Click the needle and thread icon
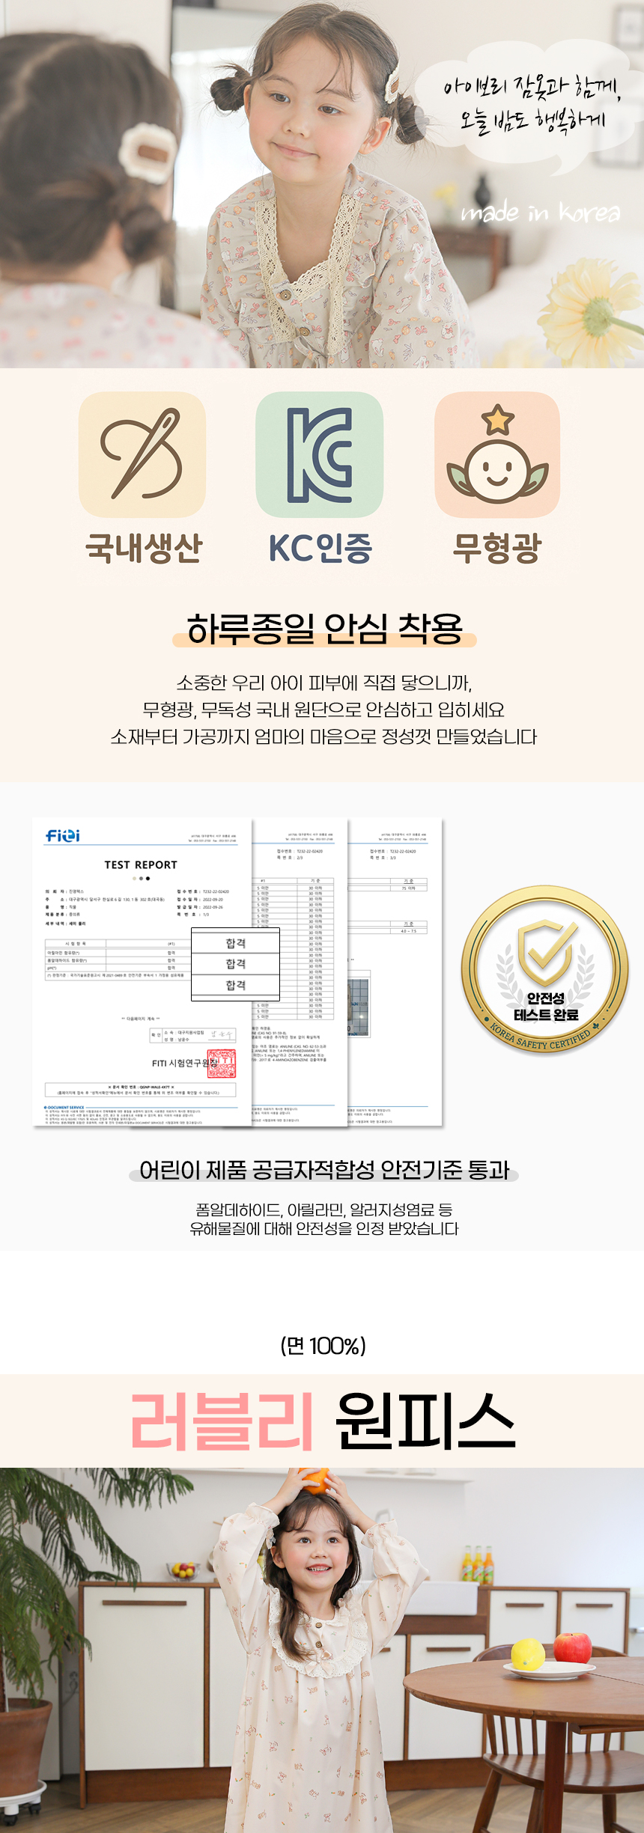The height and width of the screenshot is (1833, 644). [142, 454]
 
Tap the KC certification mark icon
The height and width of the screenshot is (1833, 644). [320, 454]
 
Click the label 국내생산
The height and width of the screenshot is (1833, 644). [144, 548]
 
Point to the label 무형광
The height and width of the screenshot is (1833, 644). [496, 548]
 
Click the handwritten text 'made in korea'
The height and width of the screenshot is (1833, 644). [540, 213]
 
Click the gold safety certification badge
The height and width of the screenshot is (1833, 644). [545, 970]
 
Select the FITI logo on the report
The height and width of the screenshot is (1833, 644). [63, 835]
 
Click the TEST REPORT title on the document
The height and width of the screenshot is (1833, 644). [141, 864]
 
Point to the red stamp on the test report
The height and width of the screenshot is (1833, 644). [222, 1064]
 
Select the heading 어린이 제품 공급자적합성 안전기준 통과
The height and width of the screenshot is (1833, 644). [324, 1170]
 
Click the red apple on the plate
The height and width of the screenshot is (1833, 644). [573, 1647]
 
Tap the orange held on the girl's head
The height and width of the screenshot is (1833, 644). [315, 1480]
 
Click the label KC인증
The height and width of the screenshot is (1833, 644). [320, 548]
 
